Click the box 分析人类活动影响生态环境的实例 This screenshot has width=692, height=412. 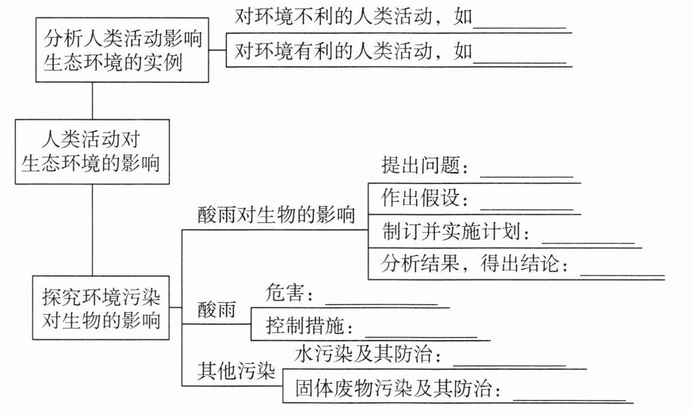coord(122,50)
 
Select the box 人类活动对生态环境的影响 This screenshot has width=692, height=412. coord(91,152)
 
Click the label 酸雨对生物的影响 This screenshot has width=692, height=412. coord(276,215)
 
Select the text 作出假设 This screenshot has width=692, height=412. coord(423,198)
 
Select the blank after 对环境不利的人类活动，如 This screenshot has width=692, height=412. coord(519,27)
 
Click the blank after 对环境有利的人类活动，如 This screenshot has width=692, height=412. coord(519,61)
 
